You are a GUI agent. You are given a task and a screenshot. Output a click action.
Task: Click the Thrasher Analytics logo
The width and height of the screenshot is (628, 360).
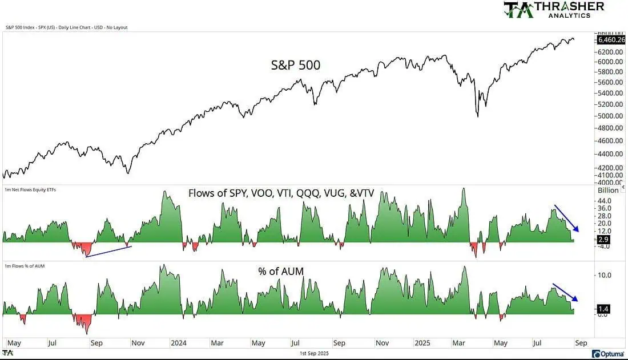coord(553,10)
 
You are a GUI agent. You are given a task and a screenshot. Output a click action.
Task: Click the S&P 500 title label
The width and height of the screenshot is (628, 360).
coord(295,65)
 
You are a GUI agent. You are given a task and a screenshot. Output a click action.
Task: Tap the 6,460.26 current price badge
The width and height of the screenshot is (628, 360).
coord(611,40)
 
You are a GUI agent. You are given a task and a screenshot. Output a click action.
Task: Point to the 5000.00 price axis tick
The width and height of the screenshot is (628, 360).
coord(609,116)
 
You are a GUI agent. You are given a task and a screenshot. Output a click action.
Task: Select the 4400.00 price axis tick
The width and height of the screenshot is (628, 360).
coord(609,153)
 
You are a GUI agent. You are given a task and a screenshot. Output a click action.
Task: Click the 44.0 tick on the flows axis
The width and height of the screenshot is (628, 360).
coord(605,201)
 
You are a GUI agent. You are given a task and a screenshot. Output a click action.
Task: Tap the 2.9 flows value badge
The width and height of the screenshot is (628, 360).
coord(603,240)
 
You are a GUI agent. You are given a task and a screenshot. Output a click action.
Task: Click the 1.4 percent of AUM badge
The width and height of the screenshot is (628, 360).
coord(603,309)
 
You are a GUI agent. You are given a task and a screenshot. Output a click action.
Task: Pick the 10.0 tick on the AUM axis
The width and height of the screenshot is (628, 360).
coord(605,275)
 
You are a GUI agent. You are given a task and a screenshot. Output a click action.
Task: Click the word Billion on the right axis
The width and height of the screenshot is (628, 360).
coord(608,190)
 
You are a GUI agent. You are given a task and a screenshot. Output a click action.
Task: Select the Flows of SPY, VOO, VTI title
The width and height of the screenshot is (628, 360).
coord(281,193)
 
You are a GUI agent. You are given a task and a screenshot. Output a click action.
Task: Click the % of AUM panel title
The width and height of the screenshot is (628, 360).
coord(280,272)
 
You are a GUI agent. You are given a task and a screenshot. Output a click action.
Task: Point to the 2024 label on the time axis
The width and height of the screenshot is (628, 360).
coord(179,343)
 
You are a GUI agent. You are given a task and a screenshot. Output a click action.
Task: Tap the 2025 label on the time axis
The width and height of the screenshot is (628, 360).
coord(423,343)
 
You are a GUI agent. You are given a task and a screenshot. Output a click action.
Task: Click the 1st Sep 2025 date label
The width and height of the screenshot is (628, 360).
coord(314,354)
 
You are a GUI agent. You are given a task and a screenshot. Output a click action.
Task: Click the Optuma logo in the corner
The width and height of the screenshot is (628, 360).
coord(608,354)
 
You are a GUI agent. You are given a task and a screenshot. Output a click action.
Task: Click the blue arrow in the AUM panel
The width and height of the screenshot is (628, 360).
coord(565,292)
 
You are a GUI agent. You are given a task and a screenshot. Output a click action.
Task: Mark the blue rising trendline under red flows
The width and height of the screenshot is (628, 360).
coord(108,252)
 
